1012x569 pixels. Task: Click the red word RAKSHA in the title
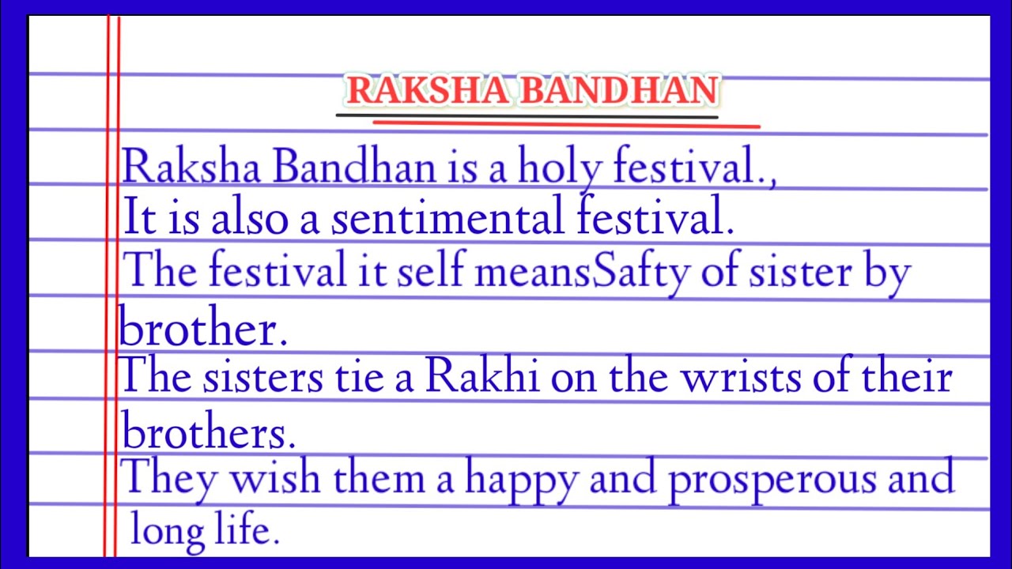tap(426, 91)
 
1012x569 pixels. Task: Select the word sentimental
tap(447, 218)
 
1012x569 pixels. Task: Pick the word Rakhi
tap(482, 377)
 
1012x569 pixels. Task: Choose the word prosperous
tap(770, 479)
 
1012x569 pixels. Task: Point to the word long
tap(173, 529)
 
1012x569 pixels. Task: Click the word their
tap(904, 377)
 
